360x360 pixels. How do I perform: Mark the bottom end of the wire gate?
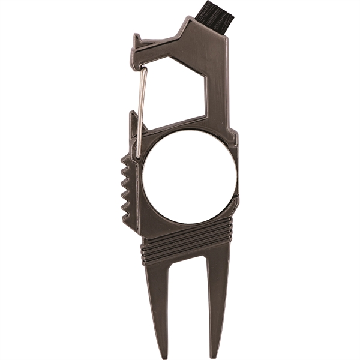[x=137, y=154]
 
